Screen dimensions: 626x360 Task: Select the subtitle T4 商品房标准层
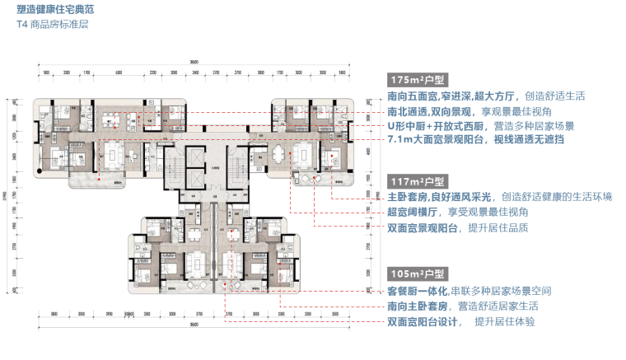point(52,26)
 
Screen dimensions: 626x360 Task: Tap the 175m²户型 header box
point(418,80)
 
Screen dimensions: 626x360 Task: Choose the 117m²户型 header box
point(418,181)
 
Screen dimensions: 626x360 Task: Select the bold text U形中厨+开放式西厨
point(437,126)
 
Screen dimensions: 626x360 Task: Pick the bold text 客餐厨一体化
point(418,291)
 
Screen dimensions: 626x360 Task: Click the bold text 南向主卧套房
point(418,306)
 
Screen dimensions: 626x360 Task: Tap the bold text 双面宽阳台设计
point(423,321)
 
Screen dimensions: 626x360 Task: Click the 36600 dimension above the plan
point(193,63)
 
